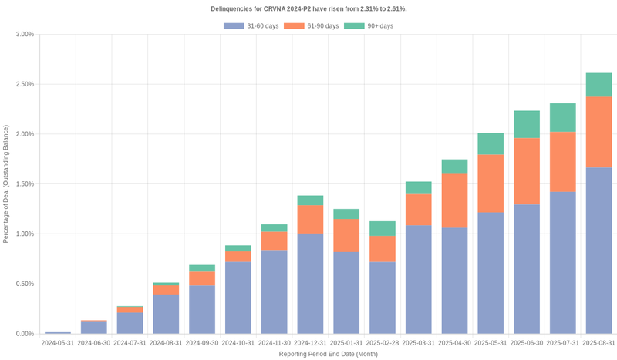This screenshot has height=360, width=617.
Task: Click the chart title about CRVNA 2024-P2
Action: (308, 9)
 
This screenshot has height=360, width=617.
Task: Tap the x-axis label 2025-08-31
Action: (598, 343)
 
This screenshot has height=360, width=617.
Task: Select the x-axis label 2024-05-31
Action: (58, 343)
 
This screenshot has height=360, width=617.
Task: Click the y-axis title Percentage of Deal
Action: (6, 184)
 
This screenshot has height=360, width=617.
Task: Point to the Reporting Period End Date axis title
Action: (328, 354)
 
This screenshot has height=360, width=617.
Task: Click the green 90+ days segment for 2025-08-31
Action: (598, 85)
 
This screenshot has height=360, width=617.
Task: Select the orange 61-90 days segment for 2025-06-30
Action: (527, 171)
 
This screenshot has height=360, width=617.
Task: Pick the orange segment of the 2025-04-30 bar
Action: (454, 200)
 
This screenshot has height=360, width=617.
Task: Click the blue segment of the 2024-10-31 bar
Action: (238, 298)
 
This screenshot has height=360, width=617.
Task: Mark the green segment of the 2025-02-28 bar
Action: (382, 228)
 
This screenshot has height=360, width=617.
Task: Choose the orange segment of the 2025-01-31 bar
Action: (346, 235)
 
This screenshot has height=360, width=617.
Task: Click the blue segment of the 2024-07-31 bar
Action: (130, 323)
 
